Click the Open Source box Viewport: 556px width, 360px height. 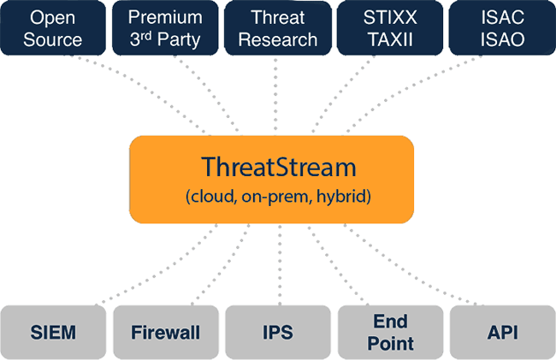tap(55, 28)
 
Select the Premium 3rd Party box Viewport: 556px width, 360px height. tap(165, 28)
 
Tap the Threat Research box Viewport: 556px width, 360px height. tap(277, 28)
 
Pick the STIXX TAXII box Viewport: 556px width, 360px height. tap(389, 28)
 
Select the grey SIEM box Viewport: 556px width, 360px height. tap(55, 332)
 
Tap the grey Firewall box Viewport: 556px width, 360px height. tap(165, 332)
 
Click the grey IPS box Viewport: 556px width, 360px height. tap(277, 332)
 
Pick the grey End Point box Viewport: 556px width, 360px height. tap(389, 332)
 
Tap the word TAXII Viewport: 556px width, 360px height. tap(389, 39)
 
